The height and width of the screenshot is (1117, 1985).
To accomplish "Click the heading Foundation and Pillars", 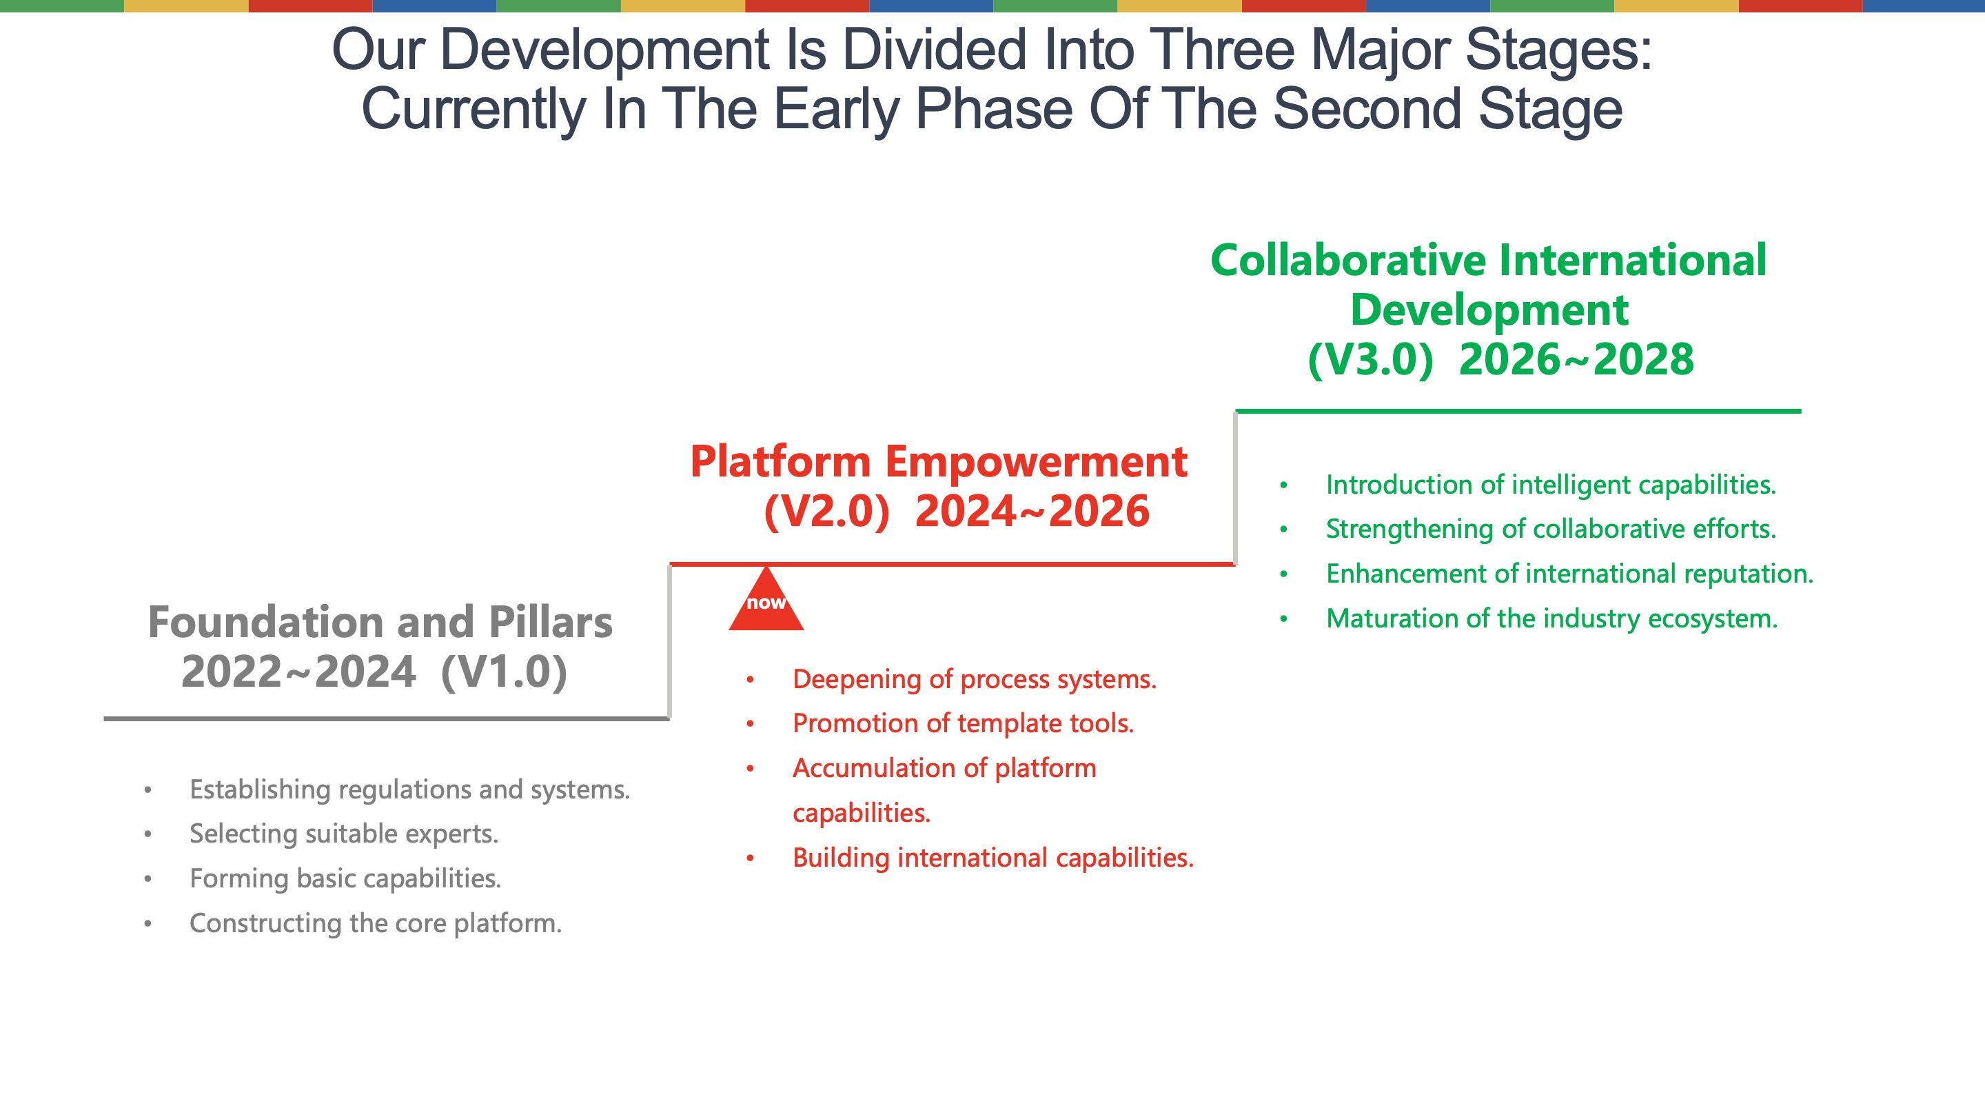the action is pyautogui.click(x=380, y=622).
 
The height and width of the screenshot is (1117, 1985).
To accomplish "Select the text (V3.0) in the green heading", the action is pyautogui.click(x=1370, y=359).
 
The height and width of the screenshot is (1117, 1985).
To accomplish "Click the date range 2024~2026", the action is pyautogui.click(x=1032, y=510).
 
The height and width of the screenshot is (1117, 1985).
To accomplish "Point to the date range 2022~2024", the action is pyautogui.click(x=298, y=672).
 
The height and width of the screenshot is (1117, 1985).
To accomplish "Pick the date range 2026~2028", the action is pyautogui.click(x=1576, y=359).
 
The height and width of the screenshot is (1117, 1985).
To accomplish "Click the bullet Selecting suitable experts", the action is pyautogui.click(x=344, y=834).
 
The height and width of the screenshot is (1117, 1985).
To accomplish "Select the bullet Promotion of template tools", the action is pyautogui.click(x=964, y=724).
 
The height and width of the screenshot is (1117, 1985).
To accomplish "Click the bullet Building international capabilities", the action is pyautogui.click(x=993, y=858).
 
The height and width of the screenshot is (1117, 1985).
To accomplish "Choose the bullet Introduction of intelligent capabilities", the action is pyautogui.click(x=1551, y=485).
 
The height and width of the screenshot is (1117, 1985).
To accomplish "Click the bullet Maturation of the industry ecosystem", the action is pyautogui.click(x=1552, y=619).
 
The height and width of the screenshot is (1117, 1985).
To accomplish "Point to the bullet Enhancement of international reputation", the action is pyautogui.click(x=1569, y=574).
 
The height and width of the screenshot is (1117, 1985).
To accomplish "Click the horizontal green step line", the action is pyautogui.click(x=1518, y=412).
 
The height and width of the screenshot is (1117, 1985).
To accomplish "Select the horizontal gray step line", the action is pyautogui.click(x=387, y=719).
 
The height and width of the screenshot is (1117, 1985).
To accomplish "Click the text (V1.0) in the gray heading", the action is pyautogui.click(x=504, y=672).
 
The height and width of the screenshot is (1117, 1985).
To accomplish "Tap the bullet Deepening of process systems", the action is pyautogui.click(x=975, y=680).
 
